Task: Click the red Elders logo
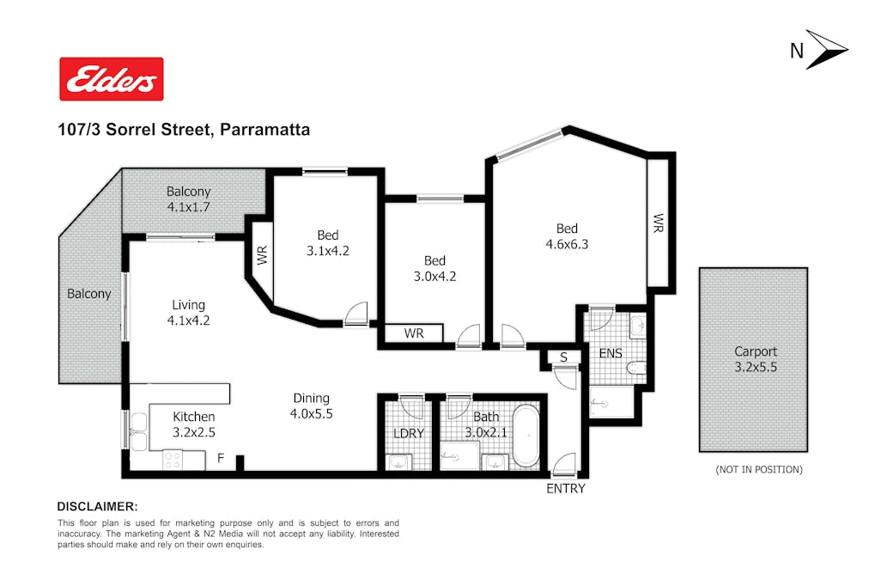pos(112,79)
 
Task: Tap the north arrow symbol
pos(826,49)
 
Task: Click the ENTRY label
pos(565,489)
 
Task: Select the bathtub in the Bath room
pos(526,436)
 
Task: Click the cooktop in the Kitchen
pos(172,461)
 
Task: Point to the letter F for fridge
pos(221,458)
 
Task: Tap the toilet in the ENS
pos(636,367)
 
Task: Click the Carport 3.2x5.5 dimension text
pos(756,367)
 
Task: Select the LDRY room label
pos(409,434)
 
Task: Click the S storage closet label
pos(563,357)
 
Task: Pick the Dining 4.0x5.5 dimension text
pos(312,413)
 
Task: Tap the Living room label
pos(188,305)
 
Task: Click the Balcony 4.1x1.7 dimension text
pos(188,207)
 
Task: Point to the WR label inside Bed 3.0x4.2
pos(414,333)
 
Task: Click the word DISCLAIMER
pos(96,507)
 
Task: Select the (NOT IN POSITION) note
pos(759,470)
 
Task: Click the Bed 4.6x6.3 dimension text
pos(567,244)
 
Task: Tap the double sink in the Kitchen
pos(138,431)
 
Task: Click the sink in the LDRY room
pos(398,461)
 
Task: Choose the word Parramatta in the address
pos(265,130)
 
